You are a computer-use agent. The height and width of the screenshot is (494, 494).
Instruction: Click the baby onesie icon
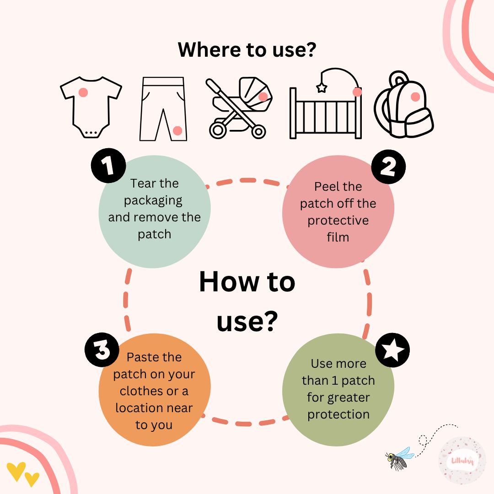coord(91,107)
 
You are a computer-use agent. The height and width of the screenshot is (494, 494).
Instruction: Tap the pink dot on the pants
coord(177,130)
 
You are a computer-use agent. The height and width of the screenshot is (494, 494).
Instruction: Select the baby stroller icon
coord(239,108)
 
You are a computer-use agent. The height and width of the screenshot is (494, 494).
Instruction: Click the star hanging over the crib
coord(322,87)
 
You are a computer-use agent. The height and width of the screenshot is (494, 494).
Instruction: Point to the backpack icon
coord(403,105)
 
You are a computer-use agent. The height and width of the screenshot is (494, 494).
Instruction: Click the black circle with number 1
coord(108,166)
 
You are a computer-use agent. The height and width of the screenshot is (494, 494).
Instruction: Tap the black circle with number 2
coord(388,166)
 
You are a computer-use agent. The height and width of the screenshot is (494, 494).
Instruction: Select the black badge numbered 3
coord(102,350)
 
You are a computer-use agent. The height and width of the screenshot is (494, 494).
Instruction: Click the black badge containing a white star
coord(392,350)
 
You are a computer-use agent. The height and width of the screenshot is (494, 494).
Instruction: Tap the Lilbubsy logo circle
coord(462,461)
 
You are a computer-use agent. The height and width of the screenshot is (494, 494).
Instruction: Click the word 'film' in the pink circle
coord(338,237)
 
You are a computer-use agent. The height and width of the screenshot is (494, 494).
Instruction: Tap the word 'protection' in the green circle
coord(338,414)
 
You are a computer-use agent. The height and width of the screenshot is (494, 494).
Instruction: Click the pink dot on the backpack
coord(415,97)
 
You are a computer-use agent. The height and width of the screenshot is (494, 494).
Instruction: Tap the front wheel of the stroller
coord(258,132)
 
